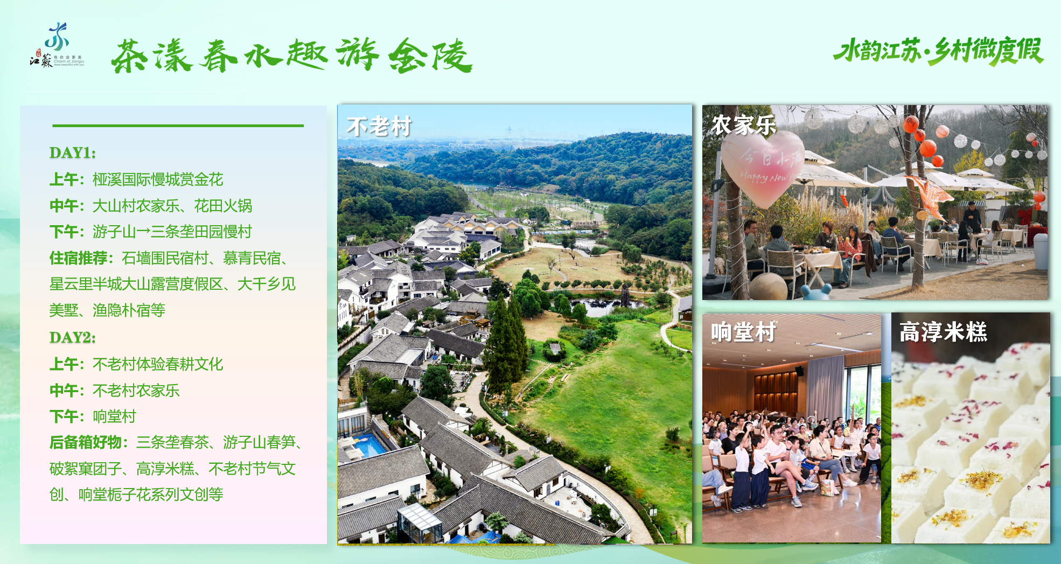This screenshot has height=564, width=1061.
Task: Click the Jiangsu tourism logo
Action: [57, 45]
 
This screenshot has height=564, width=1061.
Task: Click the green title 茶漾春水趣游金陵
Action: [292, 55]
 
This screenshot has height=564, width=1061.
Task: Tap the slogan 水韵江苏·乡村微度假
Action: [938, 51]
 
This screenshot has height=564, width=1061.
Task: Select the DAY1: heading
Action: [73, 153]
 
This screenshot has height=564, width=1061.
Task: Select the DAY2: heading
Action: [73, 338]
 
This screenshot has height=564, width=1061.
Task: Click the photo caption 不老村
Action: [379, 127]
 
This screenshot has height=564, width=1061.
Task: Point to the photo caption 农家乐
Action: [744, 125]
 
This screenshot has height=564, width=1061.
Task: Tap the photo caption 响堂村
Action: [743, 332]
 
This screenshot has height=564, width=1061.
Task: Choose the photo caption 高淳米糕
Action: [943, 332]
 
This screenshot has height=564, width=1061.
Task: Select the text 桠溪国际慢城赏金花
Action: [158, 179]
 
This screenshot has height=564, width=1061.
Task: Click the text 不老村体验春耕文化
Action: [158, 364]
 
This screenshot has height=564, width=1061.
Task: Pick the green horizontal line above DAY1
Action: [178, 126]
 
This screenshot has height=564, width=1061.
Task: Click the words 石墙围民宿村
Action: [165, 259]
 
